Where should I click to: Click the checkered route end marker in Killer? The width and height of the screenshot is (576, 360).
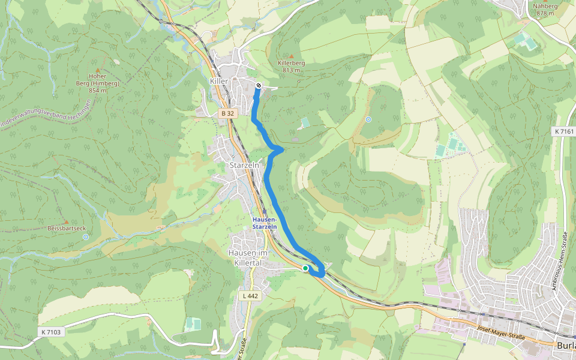(258, 86)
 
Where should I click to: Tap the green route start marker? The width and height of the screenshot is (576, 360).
(305, 268)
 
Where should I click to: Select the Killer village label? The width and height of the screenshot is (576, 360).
(220, 80)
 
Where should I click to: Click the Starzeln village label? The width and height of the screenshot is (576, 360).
(244, 164)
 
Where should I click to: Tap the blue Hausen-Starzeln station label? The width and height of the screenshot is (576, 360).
(265, 223)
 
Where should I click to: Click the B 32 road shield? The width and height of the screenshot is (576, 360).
(227, 113)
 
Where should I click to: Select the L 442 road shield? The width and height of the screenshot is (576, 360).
(251, 296)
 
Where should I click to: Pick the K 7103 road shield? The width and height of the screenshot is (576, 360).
(52, 332)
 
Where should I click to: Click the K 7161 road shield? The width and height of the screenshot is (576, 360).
(563, 130)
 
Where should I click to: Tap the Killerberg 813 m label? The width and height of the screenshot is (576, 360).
(292, 66)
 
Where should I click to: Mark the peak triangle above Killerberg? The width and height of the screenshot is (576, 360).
(292, 56)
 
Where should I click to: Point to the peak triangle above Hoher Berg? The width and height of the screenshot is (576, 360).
(97, 70)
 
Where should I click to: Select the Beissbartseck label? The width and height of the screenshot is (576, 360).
(67, 228)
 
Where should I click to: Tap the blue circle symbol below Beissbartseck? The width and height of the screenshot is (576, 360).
(86, 237)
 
